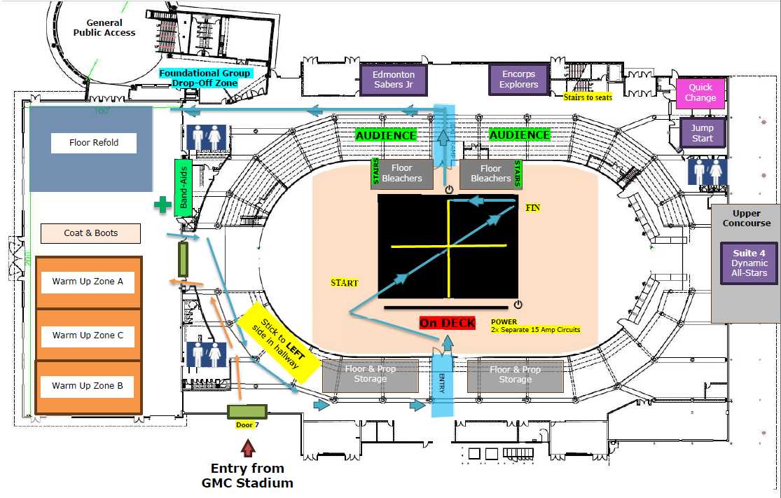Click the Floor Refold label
click(94, 143)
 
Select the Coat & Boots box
click(91, 233)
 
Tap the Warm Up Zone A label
click(88, 282)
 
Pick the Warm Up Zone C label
click(88, 336)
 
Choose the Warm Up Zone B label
click(88, 386)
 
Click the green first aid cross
click(163, 205)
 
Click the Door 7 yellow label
click(246, 424)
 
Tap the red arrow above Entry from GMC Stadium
click(248, 448)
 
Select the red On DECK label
click(448, 323)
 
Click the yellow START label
click(345, 283)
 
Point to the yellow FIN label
click(533, 208)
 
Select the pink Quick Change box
click(700, 92)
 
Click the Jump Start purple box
click(702, 133)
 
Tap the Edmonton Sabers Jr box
click(394, 79)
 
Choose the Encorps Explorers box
click(518, 79)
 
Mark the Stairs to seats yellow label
click(588, 97)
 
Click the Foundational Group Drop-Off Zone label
click(205, 78)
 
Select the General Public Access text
click(104, 28)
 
